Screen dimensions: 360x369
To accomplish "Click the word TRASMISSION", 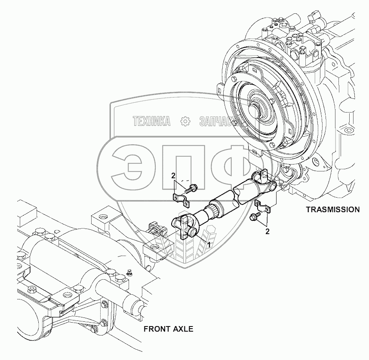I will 332,210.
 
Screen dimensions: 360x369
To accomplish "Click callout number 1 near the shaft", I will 209,244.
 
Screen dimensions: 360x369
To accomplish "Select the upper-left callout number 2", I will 173,175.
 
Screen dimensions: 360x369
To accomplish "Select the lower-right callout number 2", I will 267,232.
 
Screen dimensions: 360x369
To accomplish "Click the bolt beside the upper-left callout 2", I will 191,188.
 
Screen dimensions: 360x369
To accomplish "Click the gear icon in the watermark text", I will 185,122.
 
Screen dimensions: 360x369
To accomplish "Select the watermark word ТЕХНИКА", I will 152,122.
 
